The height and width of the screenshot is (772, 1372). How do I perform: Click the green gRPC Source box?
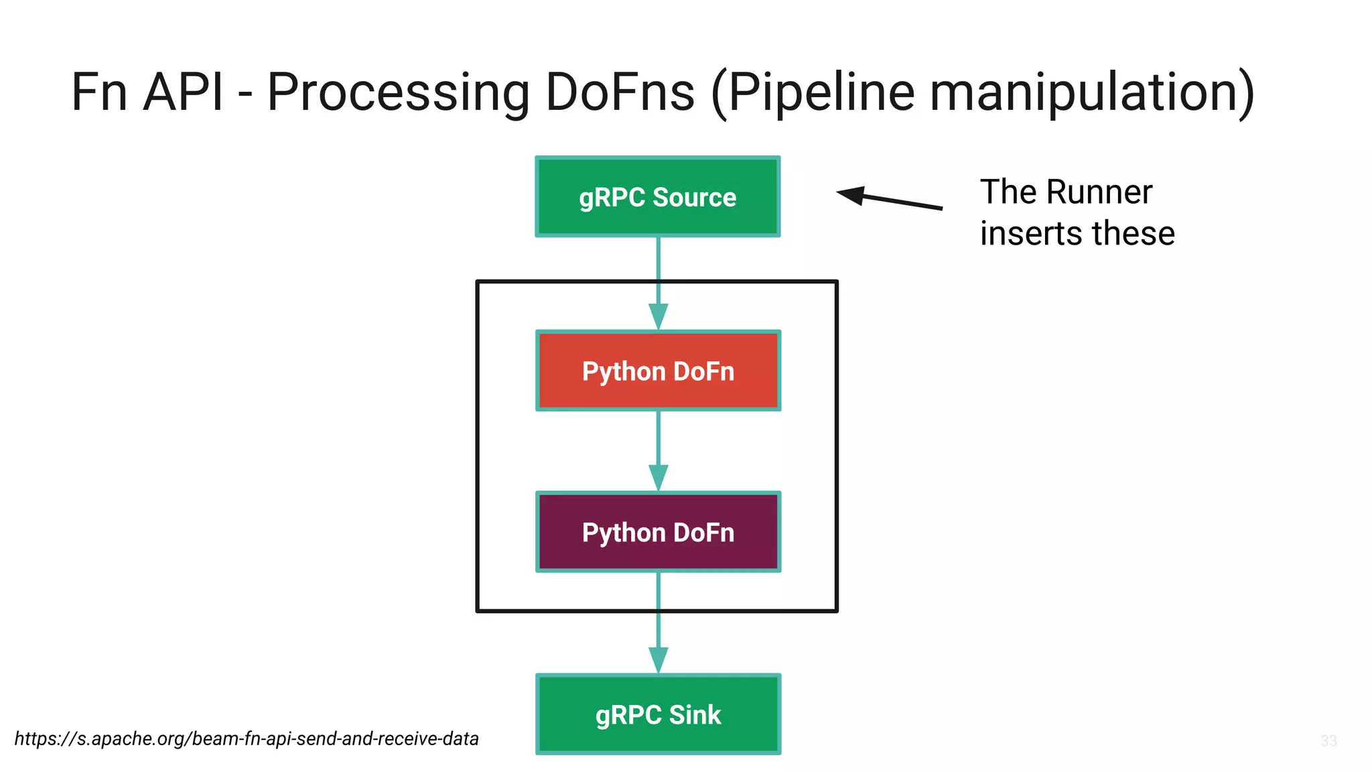(x=658, y=196)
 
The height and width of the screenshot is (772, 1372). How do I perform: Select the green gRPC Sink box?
(x=658, y=714)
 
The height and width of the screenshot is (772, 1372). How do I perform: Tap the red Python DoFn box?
(x=658, y=371)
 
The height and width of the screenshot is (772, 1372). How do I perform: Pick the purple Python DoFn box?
(x=658, y=532)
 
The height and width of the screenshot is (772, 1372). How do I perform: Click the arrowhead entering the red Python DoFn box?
(x=658, y=316)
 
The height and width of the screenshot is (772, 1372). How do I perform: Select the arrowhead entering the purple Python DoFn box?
(x=658, y=478)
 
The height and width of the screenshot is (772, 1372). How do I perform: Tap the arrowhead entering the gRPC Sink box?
(x=658, y=660)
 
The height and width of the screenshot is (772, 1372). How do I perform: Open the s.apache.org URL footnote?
(x=247, y=738)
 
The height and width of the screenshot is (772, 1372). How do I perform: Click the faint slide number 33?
(x=1328, y=741)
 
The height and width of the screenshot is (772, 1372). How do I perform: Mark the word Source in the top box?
(x=694, y=197)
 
